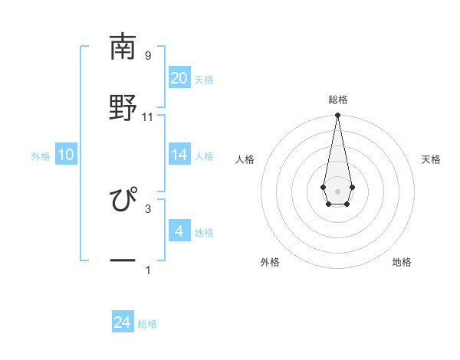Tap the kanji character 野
click(x=123, y=106)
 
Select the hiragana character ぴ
click(x=123, y=201)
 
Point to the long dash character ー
click(x=123, y=260)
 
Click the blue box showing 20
click(x=179, y=77)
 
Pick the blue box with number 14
click(x=179, y=155)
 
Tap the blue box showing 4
click(x=179, y=231)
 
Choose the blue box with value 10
click(x=66, y=155)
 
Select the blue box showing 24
click(x=123, y=322)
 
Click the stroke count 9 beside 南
click(x=147, y=55)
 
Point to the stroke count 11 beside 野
click(x=147, y=116)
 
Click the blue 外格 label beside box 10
click(x=41, y=155)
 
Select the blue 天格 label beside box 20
click(x=204, y=79)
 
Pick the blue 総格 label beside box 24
click(x=147, y=324)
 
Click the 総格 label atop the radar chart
click(x=337, y=100)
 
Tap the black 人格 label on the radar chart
click(x=245, y=159)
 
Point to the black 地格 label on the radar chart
click(x=402, y=262)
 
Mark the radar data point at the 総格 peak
click(x=337, y=115)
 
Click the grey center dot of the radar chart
click(x=337, y=190)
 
